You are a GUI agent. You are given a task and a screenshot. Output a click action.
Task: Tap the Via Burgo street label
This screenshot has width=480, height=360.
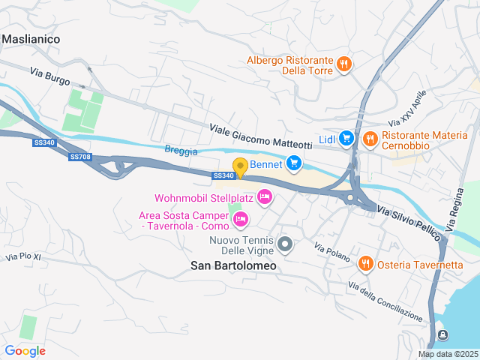point(50,76)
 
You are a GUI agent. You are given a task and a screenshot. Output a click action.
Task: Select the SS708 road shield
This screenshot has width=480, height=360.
point(79,157)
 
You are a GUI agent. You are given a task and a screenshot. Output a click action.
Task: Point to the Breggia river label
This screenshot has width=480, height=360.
point(181,151)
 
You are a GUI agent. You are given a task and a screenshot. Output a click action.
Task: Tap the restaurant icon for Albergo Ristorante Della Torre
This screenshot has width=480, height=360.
point(343,64)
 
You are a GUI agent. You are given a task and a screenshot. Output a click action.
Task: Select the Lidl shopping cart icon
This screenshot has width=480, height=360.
point(346,138)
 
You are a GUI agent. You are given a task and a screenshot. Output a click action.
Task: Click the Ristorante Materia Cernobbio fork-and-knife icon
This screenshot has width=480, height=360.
point(370,138)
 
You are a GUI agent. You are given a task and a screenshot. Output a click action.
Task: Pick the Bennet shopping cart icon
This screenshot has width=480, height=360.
point(293,162)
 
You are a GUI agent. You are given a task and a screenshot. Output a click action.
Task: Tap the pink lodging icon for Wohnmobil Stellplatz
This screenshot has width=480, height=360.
point(264,198)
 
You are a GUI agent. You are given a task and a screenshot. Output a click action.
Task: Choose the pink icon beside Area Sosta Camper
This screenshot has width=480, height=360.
point(240,219)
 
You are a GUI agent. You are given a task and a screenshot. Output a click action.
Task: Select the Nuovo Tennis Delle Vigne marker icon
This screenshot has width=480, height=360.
point(285,244)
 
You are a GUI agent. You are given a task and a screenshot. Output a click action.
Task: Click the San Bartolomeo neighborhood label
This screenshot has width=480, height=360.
point(233,265)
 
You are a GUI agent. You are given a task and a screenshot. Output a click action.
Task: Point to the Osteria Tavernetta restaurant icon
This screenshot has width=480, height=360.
point(365,263)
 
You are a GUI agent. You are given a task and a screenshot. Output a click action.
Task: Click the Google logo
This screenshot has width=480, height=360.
point(25,350)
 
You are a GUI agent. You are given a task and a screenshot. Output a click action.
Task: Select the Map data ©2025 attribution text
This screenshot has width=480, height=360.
point(447,354)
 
